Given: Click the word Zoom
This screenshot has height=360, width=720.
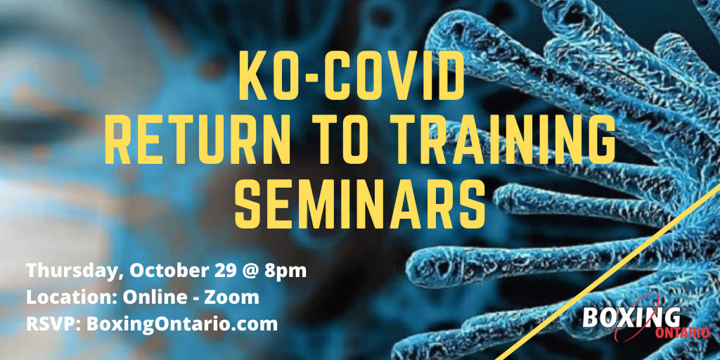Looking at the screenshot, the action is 231,297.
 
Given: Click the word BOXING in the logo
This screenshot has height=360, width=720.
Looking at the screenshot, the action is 631,318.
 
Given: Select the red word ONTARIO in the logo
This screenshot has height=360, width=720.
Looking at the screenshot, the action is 682,333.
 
